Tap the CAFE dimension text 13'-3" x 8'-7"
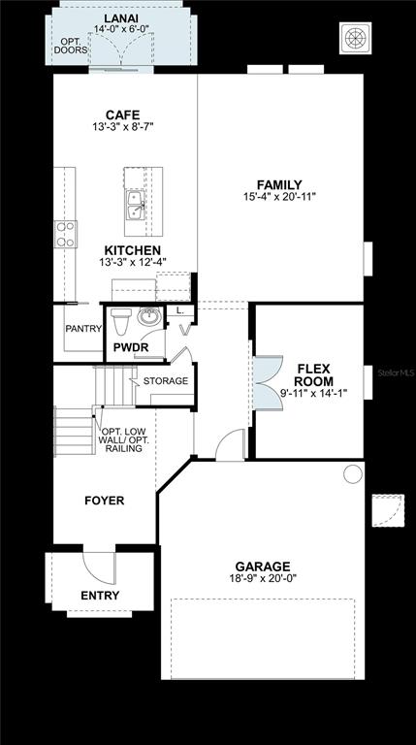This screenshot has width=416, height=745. (x=123, y=127)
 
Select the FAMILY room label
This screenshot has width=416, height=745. (x=279, y=185)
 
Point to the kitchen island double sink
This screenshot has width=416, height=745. (x=136, y=206)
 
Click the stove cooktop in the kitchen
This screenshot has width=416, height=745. (x=66, y=234)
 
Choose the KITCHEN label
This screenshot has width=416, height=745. (x=133, y=250)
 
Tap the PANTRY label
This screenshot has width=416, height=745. (x=83, y=328)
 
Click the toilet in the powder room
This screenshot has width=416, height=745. (x=121, y=321)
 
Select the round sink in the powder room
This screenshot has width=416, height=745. (x=149, y=316)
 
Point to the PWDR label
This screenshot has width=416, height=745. (x=131, y=347)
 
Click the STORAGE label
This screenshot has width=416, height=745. (x=166, y=381)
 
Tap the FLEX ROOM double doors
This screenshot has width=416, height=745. (x=268, y=383)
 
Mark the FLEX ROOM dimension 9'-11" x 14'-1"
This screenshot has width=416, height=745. (x=314, y=393)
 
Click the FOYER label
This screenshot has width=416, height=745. (x=105, y=501)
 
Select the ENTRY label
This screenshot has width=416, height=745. (x=100, y=596)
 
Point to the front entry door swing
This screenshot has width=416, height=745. (x=99, y=567)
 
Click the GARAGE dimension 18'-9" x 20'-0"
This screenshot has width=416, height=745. (x=263, y=578)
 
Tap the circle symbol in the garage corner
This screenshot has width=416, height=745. (x=353, y=474)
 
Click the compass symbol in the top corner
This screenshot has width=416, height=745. (x=356, y=38)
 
